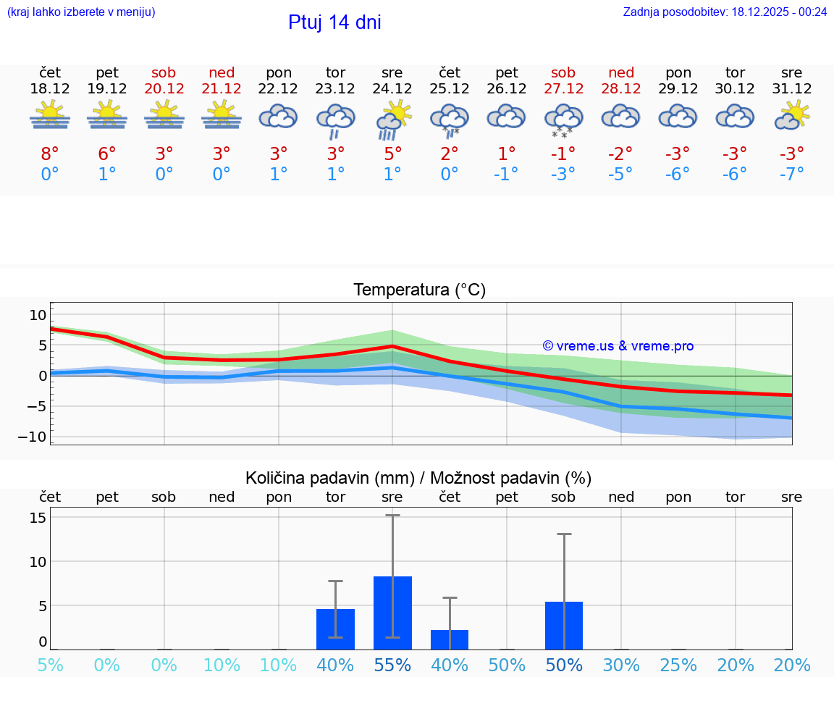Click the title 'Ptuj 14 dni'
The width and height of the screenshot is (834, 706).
click(334, 22)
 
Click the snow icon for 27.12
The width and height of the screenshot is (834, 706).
click(563, 119)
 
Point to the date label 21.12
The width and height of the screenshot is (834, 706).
click(222, 88)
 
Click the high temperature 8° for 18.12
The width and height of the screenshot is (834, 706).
click(50, 154)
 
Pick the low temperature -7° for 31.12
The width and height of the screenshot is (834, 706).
click(792, 175)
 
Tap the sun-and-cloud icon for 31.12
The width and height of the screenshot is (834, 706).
click(792, 116)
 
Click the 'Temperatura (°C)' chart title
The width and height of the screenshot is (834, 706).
click(419, 290)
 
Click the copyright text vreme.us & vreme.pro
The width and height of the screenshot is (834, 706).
click(618, 346)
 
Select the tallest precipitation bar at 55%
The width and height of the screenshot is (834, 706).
click(392, 613)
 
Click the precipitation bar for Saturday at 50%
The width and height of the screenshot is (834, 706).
click(564, 626)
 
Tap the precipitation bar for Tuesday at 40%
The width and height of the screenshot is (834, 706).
click(335, 629)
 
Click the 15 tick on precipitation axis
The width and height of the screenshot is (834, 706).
click(38, 518)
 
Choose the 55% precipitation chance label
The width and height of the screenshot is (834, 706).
click(392, 665)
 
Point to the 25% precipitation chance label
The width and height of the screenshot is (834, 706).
click(678, 665)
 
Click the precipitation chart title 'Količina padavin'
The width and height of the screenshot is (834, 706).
click(418, 478)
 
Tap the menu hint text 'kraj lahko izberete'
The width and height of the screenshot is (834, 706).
click(81, 12)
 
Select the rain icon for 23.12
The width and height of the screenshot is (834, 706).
click(335, 119)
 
